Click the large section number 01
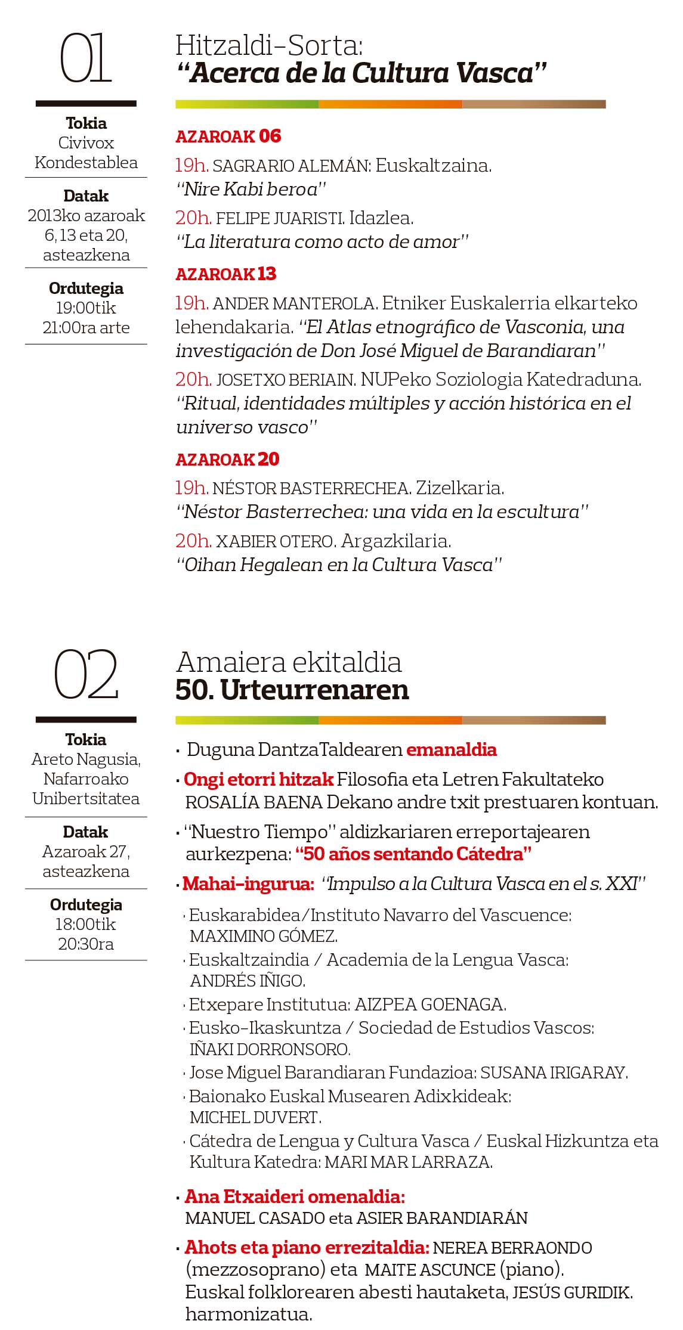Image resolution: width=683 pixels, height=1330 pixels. point(86,58)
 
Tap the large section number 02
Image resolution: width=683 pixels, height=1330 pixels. point(86,675)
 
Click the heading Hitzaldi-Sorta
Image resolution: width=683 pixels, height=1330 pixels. point(269,46)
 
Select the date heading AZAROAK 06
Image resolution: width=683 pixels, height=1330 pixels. point(228,137)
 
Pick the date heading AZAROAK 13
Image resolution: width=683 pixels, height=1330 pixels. point(225,274)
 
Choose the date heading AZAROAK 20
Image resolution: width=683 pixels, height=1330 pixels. point(227,460)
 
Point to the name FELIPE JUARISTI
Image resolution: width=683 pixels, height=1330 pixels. point(279,218)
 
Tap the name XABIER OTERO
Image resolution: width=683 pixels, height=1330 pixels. point(274,541)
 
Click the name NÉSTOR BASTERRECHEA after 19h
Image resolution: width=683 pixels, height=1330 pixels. point(311,488)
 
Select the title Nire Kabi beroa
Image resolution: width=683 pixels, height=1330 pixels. point(251,190)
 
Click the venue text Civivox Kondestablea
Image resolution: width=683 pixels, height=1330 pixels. point(86,153)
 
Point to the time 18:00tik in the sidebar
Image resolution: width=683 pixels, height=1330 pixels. point(86,924)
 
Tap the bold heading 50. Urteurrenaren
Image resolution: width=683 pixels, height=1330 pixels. point(292,690)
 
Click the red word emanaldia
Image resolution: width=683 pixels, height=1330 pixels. point(452,749)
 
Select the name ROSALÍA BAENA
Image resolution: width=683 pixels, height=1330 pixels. point(254,802)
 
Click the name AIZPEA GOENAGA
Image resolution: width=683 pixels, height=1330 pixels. point(430,1005)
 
